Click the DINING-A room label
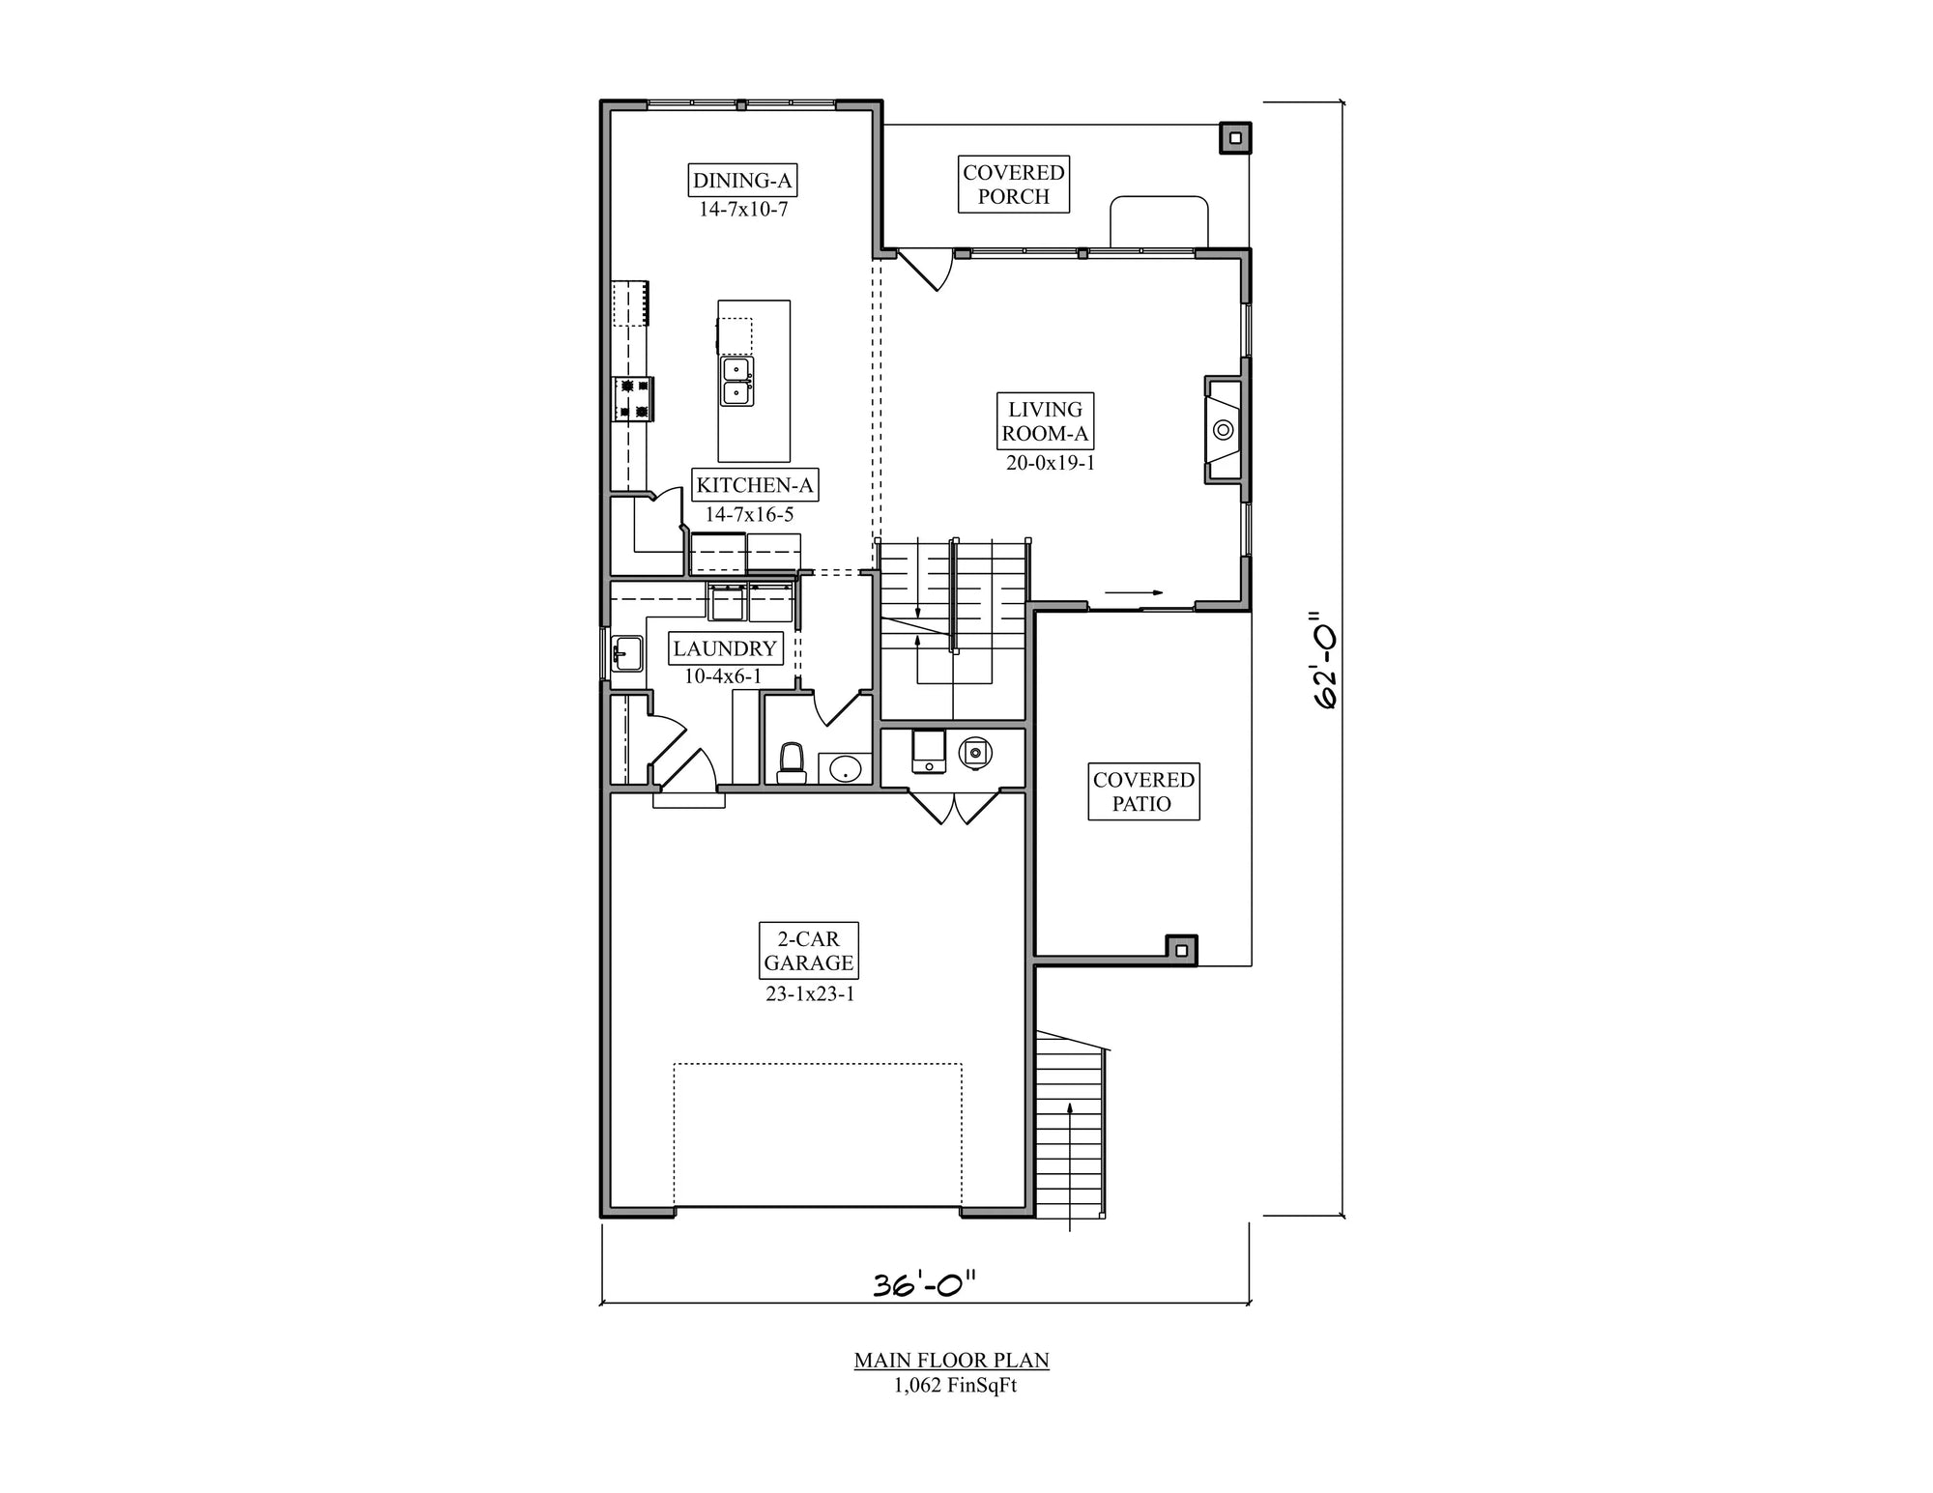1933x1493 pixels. click(x=742, y=181)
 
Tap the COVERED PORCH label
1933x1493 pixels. click(x=1013, y=185)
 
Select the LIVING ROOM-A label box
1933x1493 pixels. click(x=1045, y=421)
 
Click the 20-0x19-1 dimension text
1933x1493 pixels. click(x=1050, y=463)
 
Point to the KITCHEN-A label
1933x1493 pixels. click(x=755, y=485)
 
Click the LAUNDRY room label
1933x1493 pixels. click(x=725, y=648)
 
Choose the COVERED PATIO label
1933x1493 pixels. click(x=1143, y=791)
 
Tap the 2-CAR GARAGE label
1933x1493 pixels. click(x=808, y=951)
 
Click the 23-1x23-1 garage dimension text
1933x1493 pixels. click(x=810, y=993)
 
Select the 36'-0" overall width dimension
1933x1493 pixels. click(x=924, y=1284)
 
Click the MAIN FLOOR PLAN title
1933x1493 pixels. click(x=951, y=1361)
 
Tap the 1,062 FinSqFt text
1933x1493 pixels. click(x=954, y=1386)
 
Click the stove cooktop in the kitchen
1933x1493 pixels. click(x=634, y=398)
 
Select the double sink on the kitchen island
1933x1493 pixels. click(x=737, y=381)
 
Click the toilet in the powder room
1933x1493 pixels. click(x=792, y=762)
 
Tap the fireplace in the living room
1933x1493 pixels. click(x=1224, y=430)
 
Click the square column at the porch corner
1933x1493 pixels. click(x=1234, y=138)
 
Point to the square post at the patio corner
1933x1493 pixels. click(x=1180, y=950)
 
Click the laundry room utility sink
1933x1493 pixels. click(x=627, y=654)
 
